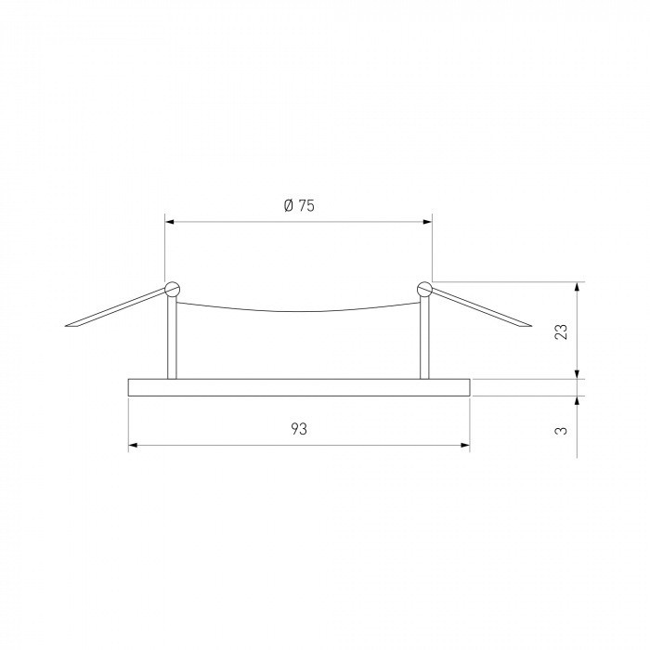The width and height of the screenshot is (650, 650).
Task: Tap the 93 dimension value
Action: pos(299,429)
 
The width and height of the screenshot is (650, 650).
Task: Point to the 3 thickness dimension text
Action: pos(561,430)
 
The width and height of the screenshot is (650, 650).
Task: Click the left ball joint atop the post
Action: pos(172,288)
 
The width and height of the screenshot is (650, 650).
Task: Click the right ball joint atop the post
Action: pos(424,288)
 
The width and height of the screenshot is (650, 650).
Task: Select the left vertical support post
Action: pos(172,339)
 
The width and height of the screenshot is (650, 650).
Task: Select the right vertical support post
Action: pos(424,339)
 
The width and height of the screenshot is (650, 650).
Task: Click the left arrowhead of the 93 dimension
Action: pos(132,446)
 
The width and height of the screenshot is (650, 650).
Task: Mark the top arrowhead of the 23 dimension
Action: pos(578,285)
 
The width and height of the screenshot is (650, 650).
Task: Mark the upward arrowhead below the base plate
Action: pos(578,401)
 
